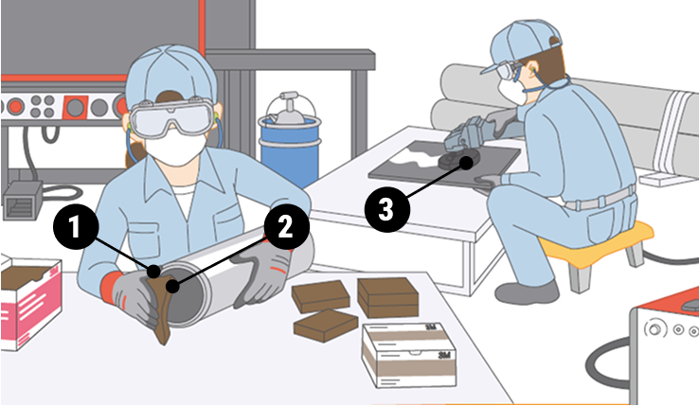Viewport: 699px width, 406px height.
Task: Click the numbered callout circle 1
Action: coord(76,227)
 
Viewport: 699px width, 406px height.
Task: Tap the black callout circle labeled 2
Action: coord(286,226)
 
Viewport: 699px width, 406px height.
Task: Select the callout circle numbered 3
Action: coord(387,209)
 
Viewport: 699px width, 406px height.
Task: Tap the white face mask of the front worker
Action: coord(175,148)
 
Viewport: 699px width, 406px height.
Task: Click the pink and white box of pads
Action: coord(30,302)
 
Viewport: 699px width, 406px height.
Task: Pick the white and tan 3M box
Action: coord(409,355)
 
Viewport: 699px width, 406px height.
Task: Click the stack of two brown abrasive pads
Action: coord(387,297)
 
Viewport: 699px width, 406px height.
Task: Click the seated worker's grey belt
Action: coord(600,199)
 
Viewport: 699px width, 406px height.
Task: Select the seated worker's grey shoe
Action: coord(527,292)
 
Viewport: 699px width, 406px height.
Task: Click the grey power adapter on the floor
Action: coord(23,200)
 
